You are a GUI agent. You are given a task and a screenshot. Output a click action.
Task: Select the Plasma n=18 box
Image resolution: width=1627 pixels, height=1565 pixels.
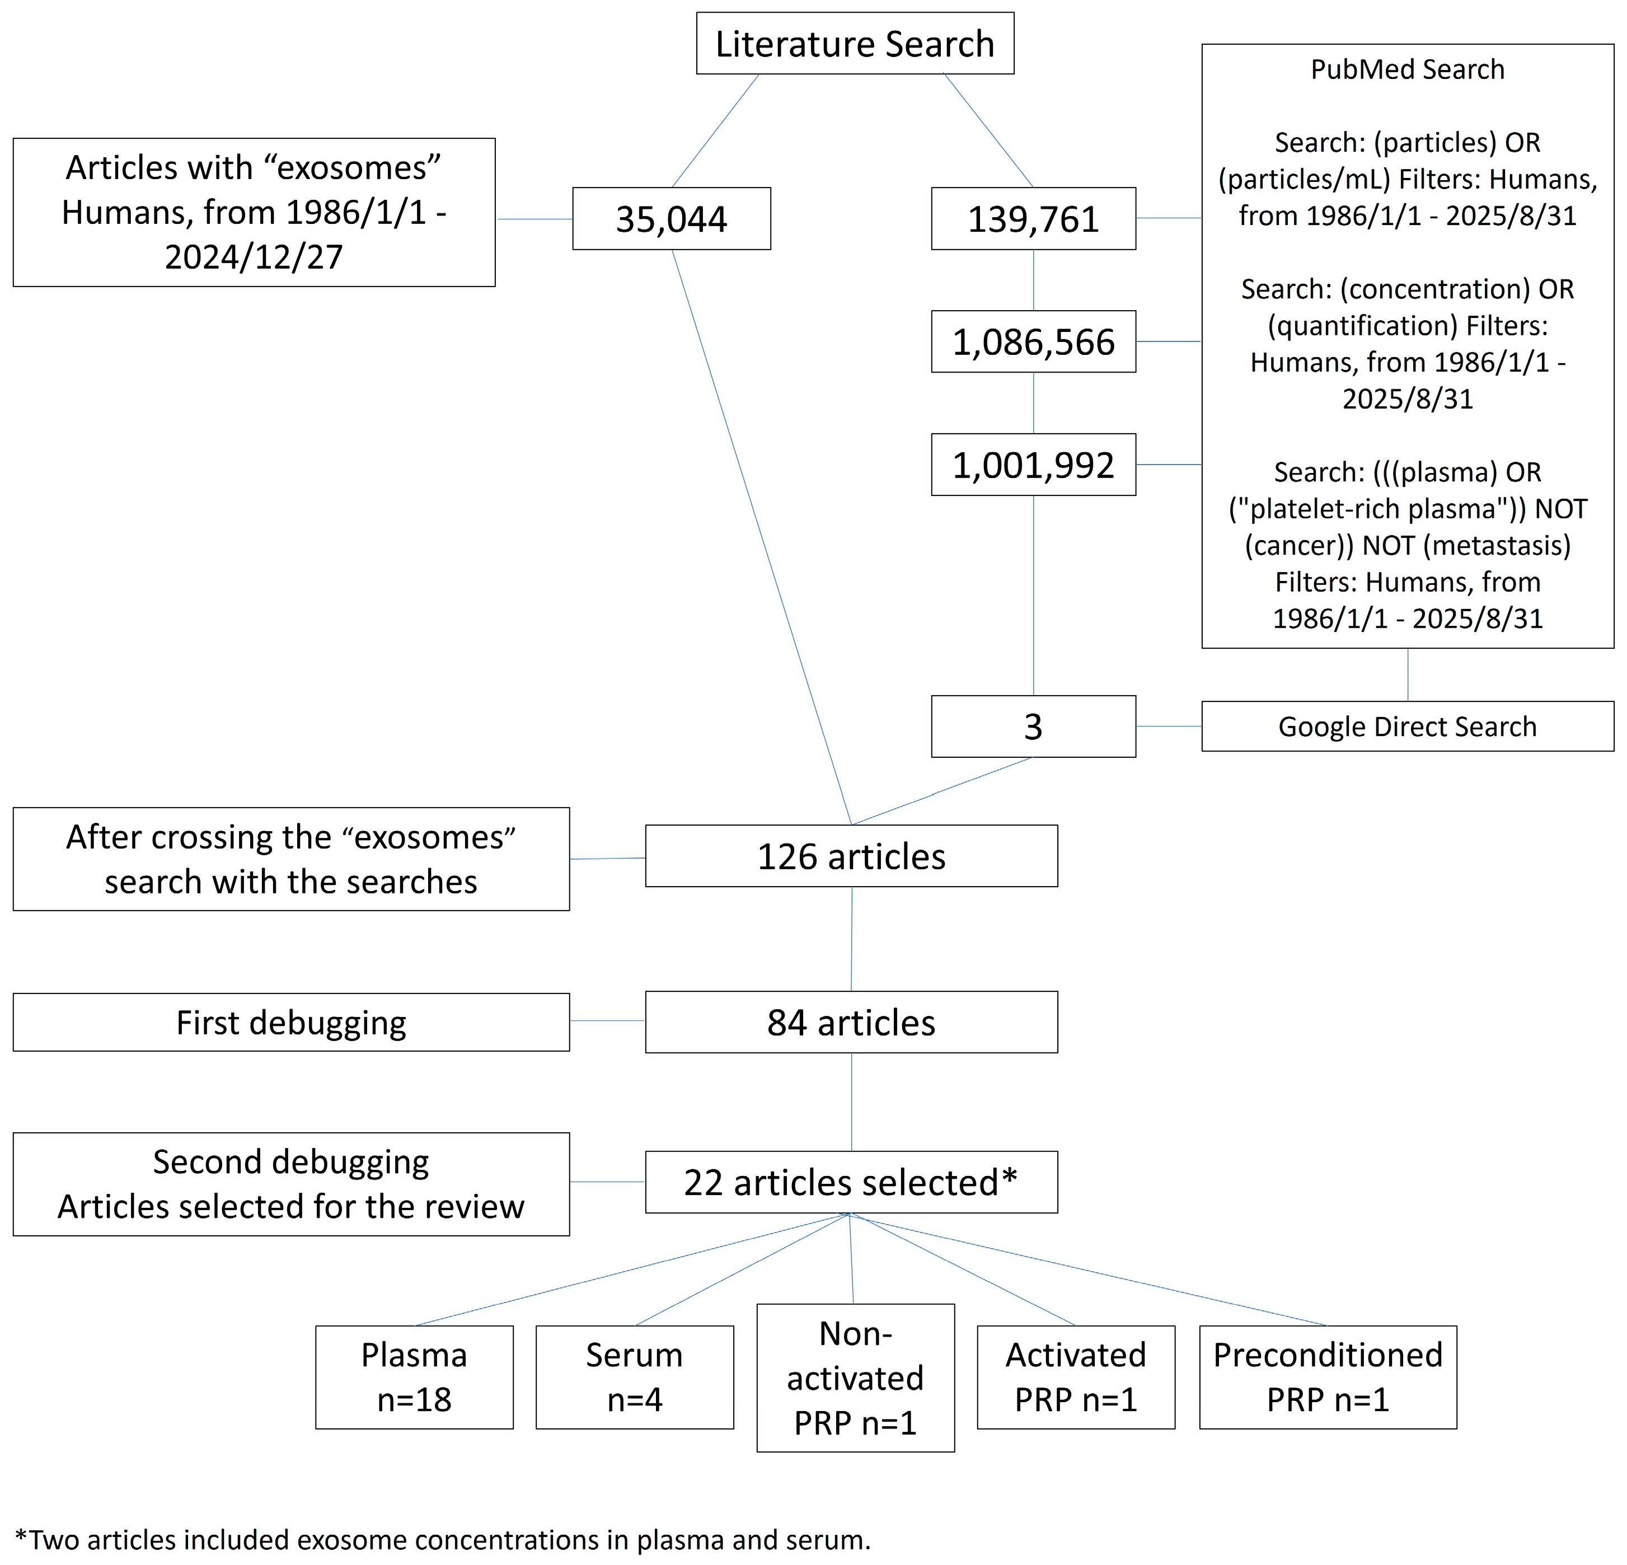[x=414, y=1376]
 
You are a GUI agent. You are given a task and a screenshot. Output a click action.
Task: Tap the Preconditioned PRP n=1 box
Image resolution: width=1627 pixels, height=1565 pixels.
[x=1328, y=1376]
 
